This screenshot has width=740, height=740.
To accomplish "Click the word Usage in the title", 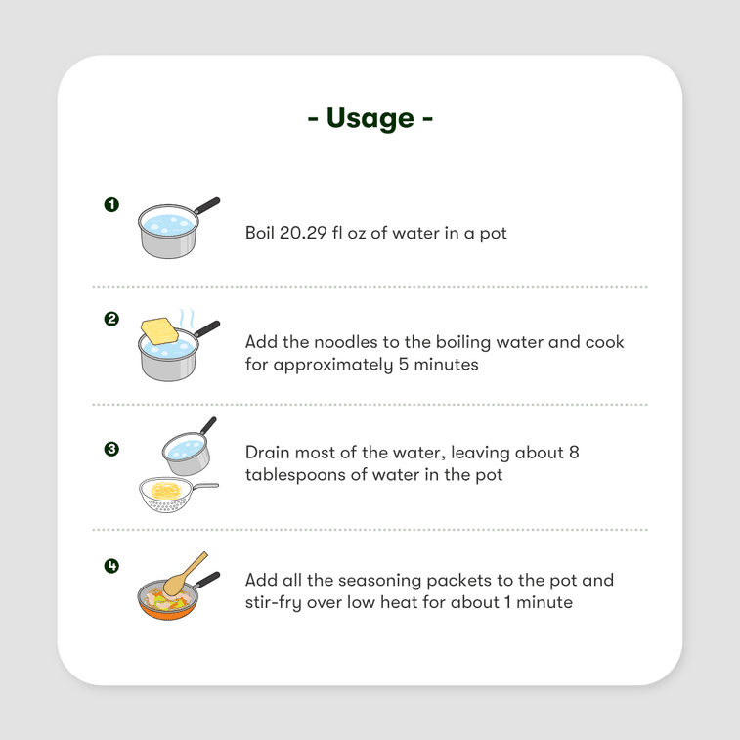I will click(370, 118).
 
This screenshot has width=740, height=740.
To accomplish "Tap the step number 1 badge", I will click(111, 204).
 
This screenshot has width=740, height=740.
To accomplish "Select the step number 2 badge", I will click(111, 319).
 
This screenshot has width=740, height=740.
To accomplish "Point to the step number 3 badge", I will click(111, 449).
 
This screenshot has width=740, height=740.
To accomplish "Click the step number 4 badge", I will click(111, 565).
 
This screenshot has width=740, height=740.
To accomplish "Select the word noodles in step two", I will click(344, 342).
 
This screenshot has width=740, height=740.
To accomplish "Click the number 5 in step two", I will click(399, 365).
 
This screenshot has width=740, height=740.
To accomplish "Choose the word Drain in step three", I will click(268, 453).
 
